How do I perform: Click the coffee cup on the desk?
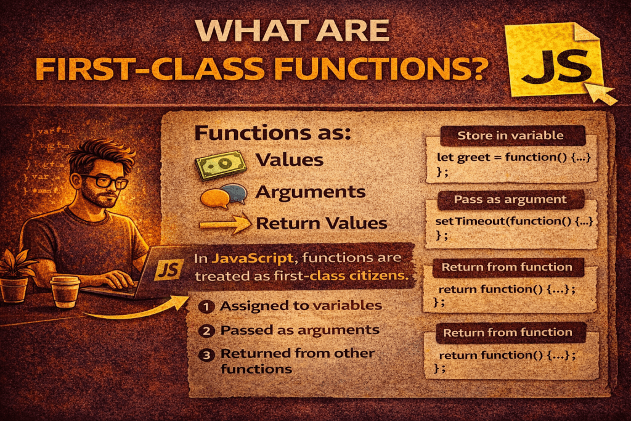coord(63,290)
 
